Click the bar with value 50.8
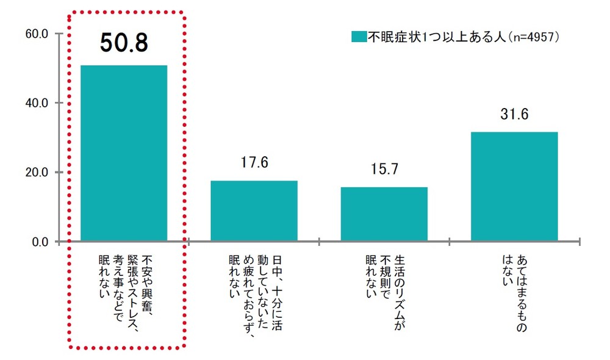pos(124,153)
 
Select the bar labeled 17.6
pos(254,211)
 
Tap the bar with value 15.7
pos(384,214)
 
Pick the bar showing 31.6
pos(514,186)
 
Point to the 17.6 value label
pos(254,164)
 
